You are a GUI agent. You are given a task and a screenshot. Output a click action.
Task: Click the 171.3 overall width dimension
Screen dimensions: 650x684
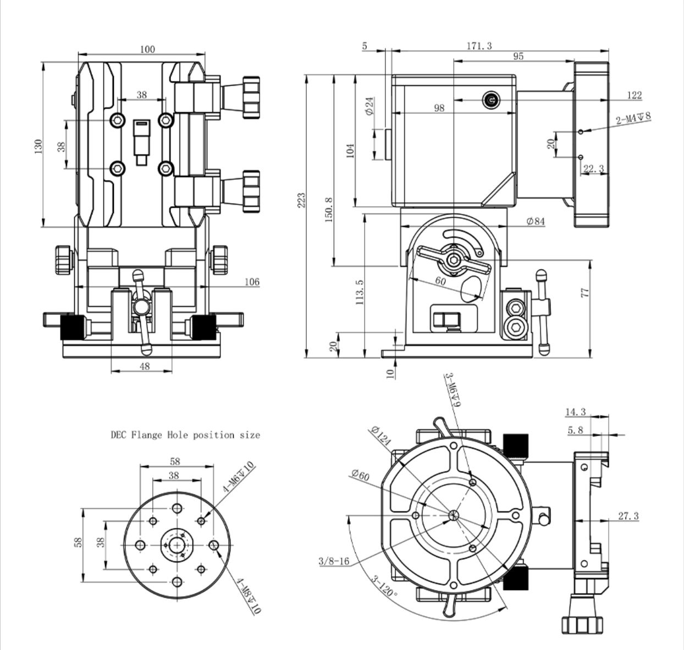[479, 46]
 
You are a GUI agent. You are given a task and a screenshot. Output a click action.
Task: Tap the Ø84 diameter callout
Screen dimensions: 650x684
[535, 221]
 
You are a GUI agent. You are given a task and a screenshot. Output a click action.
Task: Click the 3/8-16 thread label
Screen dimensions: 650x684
[334, 561]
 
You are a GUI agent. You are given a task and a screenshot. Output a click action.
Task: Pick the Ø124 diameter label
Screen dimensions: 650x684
[380, 436]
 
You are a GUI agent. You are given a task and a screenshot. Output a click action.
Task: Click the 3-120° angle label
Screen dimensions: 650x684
[383, 587]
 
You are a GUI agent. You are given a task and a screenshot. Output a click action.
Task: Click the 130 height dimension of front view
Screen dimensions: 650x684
[38, 146]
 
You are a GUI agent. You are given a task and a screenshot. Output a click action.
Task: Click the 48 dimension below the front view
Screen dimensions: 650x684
[144, 366]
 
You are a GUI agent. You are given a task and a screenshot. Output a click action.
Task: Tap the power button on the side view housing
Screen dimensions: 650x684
[491, 100]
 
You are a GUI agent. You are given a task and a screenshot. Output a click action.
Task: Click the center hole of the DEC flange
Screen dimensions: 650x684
[176, 544]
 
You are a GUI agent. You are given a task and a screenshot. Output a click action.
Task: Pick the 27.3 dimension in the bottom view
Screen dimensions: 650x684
[628, 516]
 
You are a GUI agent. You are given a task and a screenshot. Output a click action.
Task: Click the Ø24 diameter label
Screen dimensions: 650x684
[369, 105]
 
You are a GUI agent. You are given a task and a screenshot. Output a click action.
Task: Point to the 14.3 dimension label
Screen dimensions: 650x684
[575, 412]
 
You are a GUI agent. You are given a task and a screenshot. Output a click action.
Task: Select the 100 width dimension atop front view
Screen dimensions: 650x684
[147, 49]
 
